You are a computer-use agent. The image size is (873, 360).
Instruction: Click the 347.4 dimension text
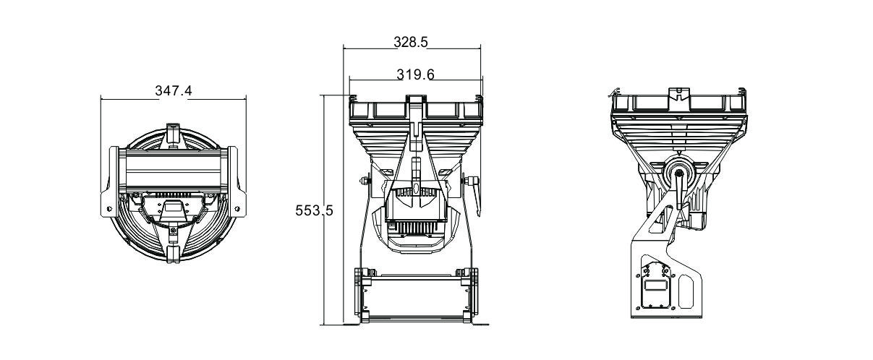click(174, 91)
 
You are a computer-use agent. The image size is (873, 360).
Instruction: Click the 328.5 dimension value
click(411, 42)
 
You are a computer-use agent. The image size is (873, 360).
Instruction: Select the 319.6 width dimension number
click(415, 74)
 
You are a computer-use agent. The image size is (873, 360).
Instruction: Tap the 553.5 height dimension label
click(314, 210)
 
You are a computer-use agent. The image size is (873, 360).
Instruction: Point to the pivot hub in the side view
click(679, 173)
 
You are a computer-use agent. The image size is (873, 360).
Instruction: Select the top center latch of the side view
click(678, 95)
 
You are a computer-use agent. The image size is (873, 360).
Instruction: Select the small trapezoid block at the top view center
click(172, 210)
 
